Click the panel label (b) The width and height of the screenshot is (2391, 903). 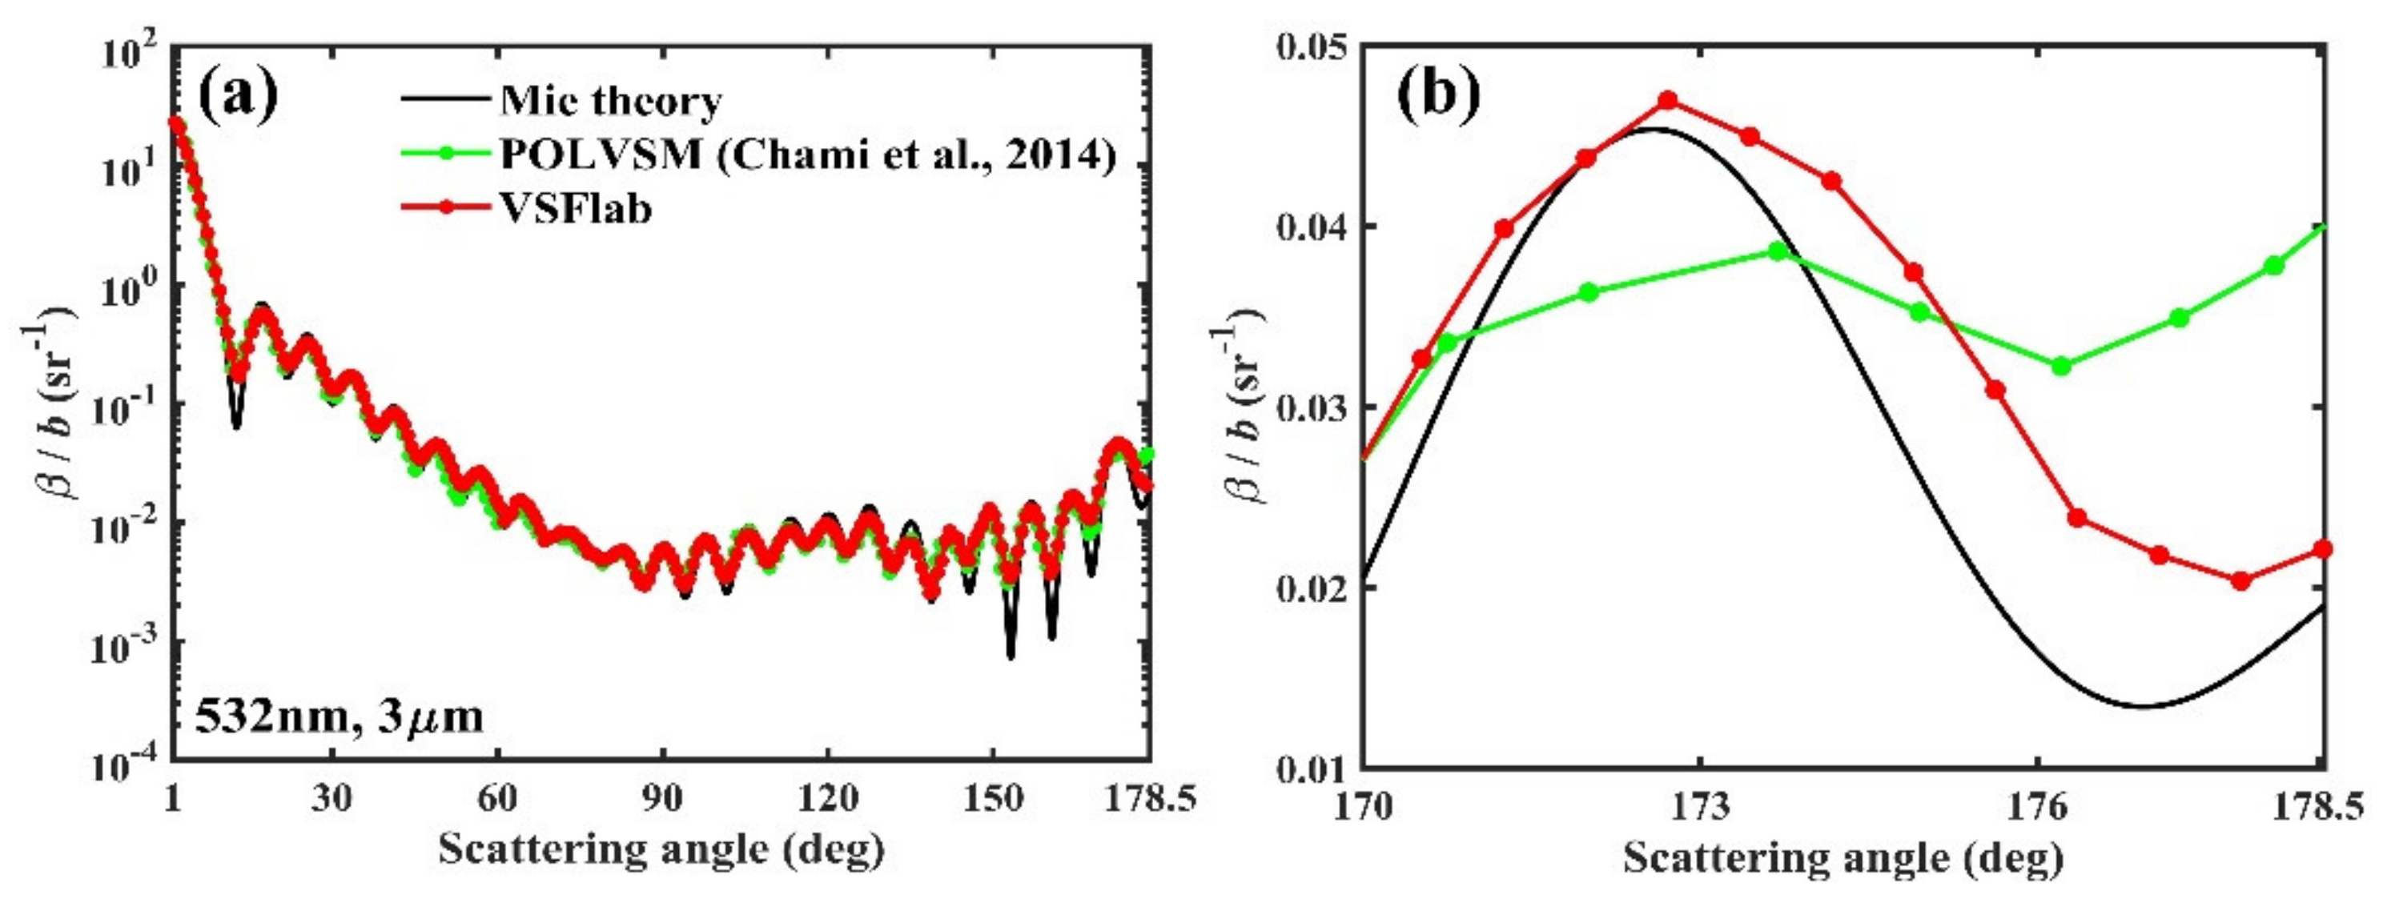click(x=1439, y=97)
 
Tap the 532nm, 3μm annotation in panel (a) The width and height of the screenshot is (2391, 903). click(x=339, y=717)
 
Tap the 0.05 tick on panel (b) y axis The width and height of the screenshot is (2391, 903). click(x=1313, y=46)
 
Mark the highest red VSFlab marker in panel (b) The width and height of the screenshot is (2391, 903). click(x=1668, y=100)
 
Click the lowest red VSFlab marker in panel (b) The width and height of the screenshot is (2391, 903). click(x=2240, y=581)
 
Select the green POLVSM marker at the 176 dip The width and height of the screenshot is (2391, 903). click(x=2061, y=366)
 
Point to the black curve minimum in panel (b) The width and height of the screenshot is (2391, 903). click(x=2135, y=707)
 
